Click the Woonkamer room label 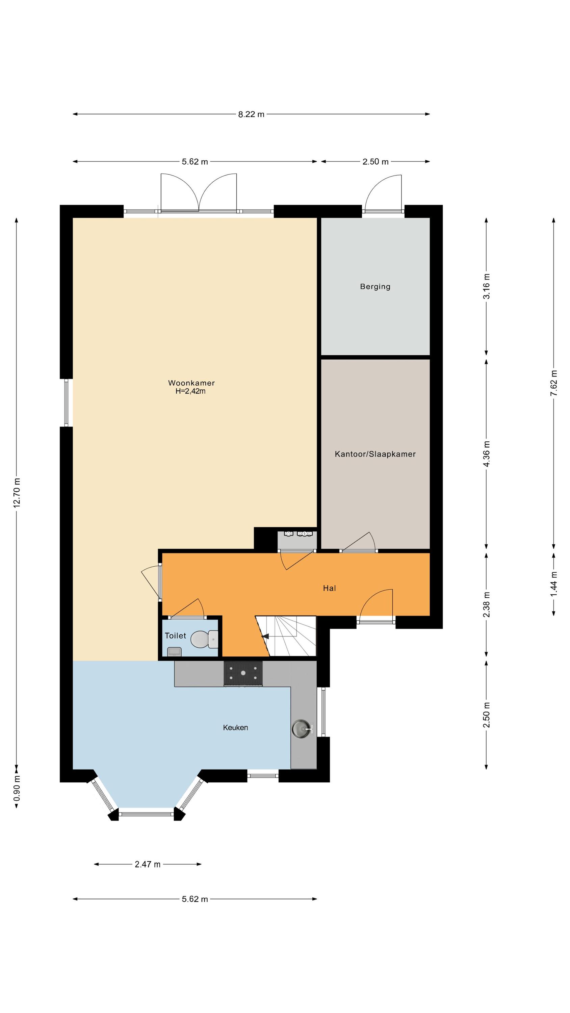tap(191, 383)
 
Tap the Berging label tap(375, 287)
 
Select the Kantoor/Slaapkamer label tap(375, 454)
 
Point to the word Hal tap(329, 588)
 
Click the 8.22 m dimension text tap(251, 114)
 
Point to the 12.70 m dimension tap(17, 493)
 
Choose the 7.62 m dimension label tap(553, 383)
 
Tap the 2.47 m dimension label tap(148, 864)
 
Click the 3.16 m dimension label tap(486, 286)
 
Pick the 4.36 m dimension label tap(486, 453)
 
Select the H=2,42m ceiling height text tap(190, 391)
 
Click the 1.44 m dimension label tap(553, 583)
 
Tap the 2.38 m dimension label tap(486, 604)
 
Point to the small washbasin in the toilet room tap(174, 651)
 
